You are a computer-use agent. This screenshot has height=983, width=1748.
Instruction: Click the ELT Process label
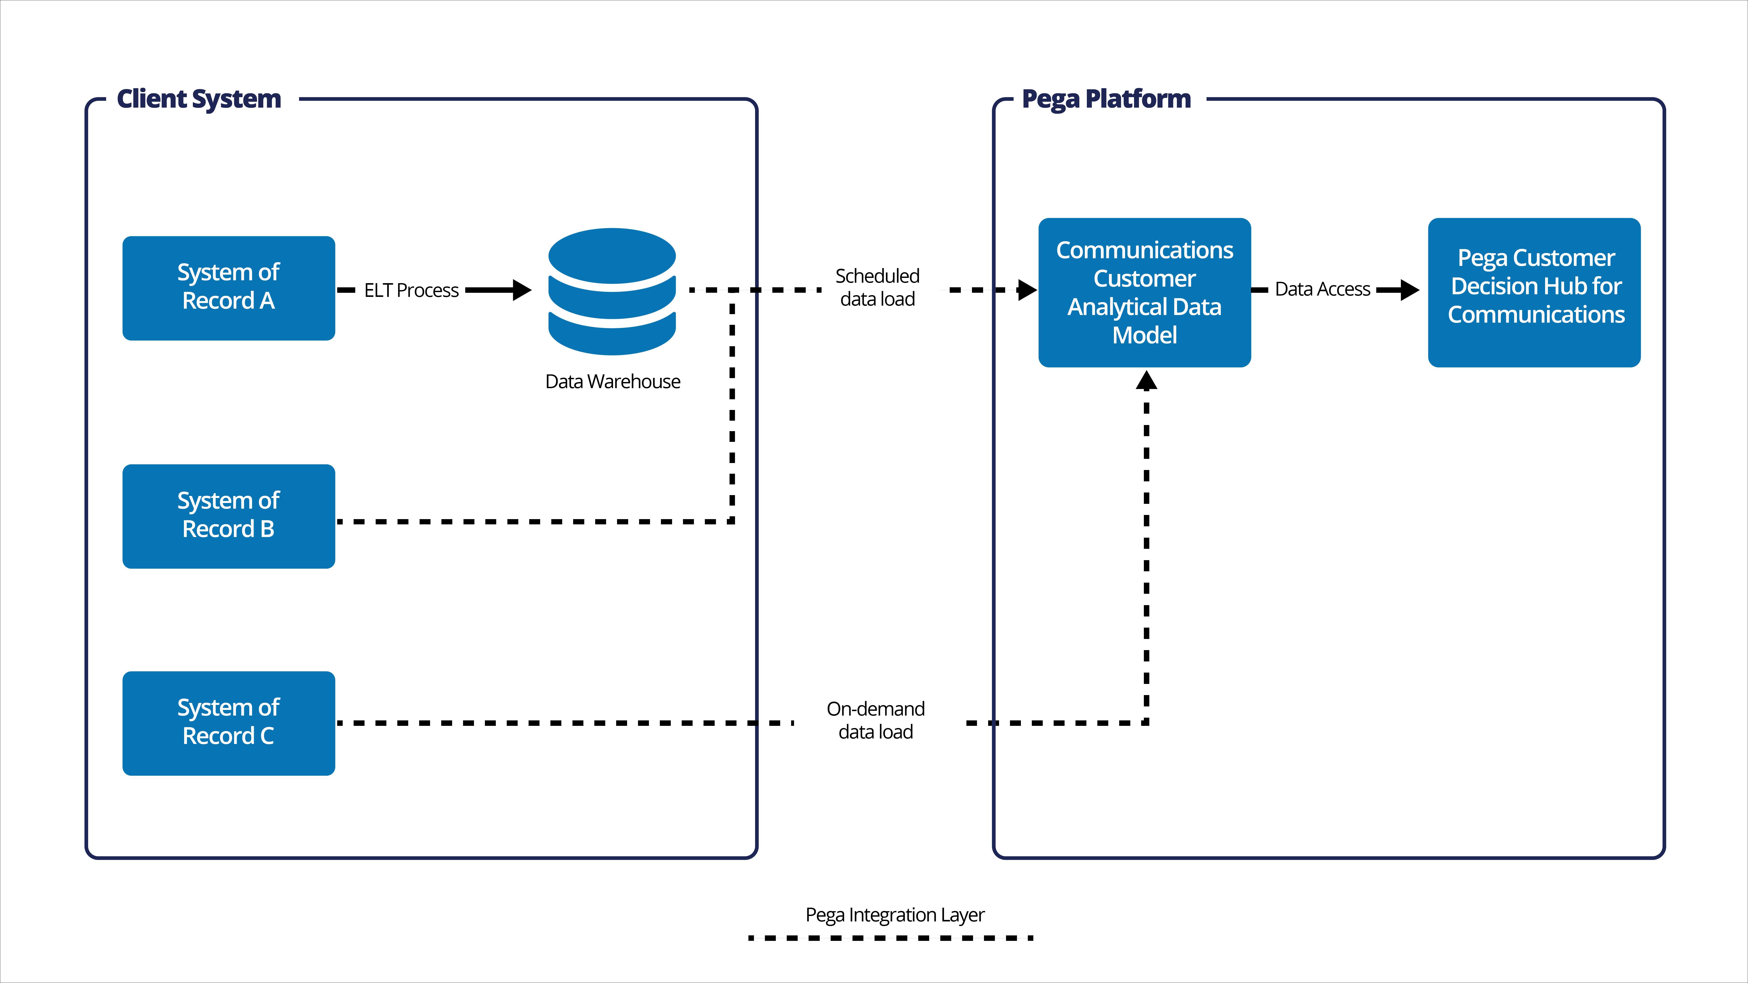pos(411,290)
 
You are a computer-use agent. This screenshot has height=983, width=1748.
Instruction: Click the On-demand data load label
pos(875,720)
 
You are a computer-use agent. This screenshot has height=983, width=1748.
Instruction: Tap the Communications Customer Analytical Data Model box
pos(1144,292)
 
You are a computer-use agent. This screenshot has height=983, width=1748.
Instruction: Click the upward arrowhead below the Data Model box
pos(1146,381)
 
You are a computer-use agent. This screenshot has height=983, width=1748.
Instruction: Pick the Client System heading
pos(199,99)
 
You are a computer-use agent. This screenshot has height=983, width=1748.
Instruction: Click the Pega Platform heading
pos(1106,99)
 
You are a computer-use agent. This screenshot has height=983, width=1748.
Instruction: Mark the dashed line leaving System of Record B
pos(529,522)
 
